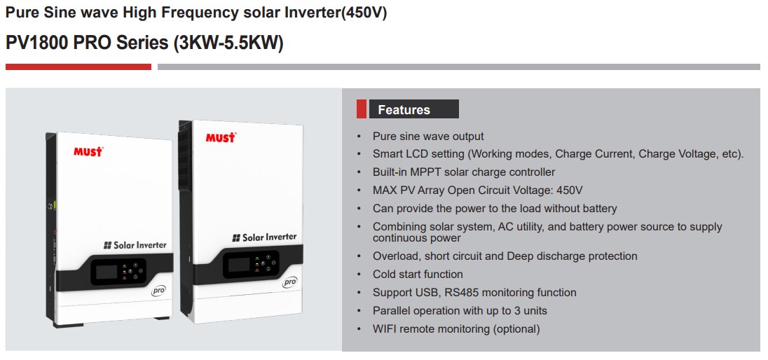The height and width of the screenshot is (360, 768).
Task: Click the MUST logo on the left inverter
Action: [89, 151]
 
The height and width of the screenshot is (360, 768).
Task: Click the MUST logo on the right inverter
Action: [221, 137]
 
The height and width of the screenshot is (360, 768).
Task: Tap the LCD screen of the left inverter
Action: [107, 271]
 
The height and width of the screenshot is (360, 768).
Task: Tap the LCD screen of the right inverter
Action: [238, 265]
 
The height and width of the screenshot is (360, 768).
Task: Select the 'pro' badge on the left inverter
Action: [159, 291]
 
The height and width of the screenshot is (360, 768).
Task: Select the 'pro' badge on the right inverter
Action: [290, 283]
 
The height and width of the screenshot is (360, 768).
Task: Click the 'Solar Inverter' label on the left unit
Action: [135, 245]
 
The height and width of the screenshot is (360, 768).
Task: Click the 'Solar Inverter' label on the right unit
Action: [264, 237]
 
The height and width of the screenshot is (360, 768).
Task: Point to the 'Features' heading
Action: [404, 110]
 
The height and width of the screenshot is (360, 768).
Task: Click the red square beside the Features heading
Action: [362, 109]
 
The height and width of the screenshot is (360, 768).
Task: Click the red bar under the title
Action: [78, 67]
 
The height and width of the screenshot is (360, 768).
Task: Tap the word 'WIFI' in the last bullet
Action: [385, 329]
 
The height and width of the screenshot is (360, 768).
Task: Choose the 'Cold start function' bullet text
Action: [418, 275]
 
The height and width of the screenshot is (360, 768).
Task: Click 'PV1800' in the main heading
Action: [36, 43]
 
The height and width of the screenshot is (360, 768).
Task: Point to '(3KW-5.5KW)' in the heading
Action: [228, 43]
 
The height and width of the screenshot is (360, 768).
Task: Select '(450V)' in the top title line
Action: [364, 13]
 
